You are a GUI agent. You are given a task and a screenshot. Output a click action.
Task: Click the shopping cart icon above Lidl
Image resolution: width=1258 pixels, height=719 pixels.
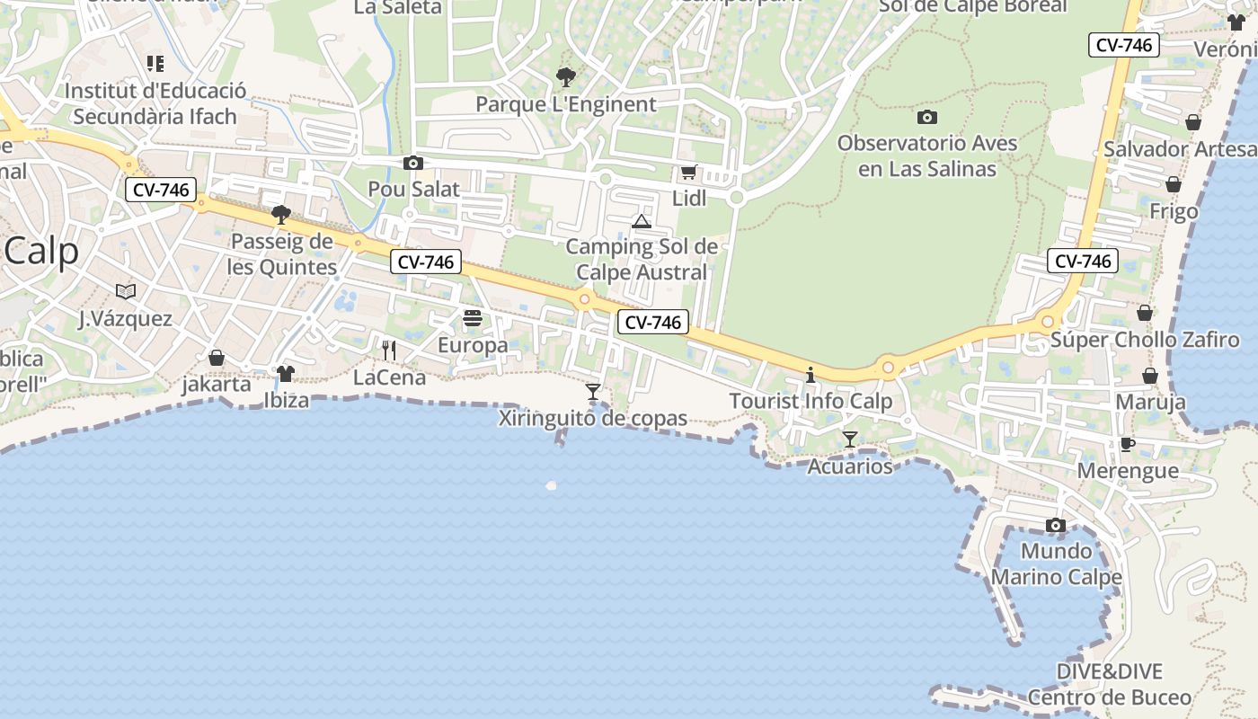click(688, 172)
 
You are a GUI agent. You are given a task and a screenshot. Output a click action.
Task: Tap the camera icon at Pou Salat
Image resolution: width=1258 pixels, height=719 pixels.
click(413, 163)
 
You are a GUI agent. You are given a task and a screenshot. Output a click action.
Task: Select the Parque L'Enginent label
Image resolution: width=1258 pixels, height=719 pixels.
click(566, 104)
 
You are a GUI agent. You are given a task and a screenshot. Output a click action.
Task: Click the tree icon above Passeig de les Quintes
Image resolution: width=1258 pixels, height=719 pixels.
click(281, 214)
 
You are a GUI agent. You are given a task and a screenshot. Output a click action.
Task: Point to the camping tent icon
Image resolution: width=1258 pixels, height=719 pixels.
click(641, 221)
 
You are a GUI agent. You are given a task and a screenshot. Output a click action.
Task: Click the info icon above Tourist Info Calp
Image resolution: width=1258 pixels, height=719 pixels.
click(811, 375)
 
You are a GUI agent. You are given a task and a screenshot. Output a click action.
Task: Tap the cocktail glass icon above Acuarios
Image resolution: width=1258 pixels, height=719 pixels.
click(849, 439)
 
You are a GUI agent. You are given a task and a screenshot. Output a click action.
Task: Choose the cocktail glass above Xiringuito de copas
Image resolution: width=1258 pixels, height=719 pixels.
click(593, 391)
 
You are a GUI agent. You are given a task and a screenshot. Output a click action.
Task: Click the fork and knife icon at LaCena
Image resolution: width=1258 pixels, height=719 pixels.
click(389, 351)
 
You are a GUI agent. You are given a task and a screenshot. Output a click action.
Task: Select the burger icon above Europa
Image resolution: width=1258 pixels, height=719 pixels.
click(473, 318)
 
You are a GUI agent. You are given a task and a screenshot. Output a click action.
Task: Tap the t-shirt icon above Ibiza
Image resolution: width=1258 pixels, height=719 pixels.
click(286, 373)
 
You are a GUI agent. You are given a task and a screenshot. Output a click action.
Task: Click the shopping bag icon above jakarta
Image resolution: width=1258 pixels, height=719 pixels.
click(217, 358)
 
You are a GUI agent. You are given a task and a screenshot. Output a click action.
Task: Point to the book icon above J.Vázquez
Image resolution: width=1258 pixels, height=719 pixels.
click(126, 291)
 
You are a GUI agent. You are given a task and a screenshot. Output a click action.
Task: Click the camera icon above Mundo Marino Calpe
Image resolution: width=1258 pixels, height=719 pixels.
click(1056, 525)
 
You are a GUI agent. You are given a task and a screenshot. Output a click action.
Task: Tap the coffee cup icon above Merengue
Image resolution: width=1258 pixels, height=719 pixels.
click(1128, 444)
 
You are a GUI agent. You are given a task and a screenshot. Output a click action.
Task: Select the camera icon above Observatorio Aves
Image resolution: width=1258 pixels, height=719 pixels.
click(927, 117)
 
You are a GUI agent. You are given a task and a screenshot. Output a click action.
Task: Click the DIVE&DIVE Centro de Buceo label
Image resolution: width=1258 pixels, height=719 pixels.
click(1110, 685)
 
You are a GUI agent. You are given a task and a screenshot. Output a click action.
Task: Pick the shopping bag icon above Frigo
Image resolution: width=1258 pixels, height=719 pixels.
click(1174, 184)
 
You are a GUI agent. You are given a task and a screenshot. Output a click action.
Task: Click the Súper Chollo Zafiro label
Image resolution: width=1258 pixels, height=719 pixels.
click(1145, 341)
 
